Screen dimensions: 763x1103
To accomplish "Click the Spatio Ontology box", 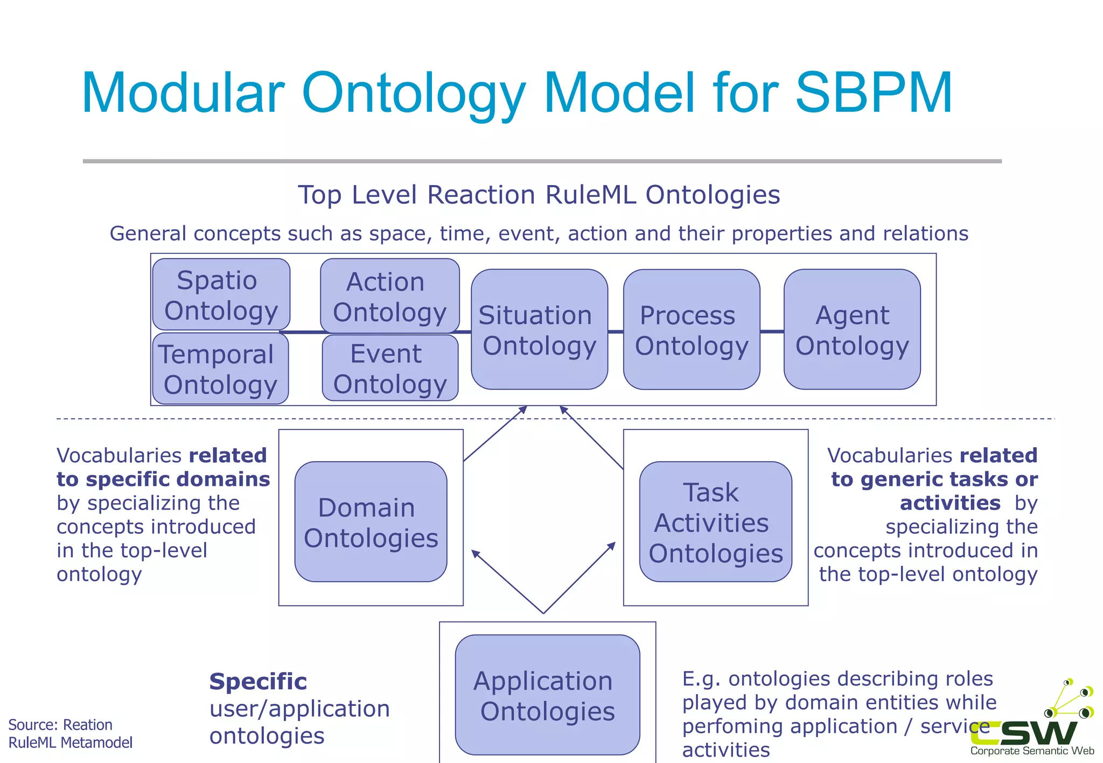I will [x=221, y=294].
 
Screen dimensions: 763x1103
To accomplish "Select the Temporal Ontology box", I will [x=220, y=369].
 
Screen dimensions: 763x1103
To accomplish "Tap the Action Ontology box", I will [x=389, y=296].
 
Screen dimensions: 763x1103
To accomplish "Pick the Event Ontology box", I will [x=390, y=368].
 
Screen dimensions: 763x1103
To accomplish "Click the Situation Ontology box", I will [x=539, y=329].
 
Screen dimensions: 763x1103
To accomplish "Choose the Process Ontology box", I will [x=692, y=329].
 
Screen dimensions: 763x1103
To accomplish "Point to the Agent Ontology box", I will [x=852, y=329].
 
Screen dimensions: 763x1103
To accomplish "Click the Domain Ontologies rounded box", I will [x=371, y=521].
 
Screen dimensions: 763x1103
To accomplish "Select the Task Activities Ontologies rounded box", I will [x=715, y=521].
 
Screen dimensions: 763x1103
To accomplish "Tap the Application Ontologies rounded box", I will [x=547, y=695].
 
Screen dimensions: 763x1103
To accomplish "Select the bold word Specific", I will [x=258, y=682].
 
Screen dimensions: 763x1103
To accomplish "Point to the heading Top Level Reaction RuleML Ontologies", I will [x=539, y=195].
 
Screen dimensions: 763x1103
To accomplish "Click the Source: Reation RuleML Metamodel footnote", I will [x=70, y=733].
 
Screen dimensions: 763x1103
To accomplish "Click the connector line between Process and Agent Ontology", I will [x=772, y=331].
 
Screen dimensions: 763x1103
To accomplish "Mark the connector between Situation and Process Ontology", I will [x=616, y=331].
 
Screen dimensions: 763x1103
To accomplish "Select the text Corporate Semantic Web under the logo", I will [x=1032, y=751].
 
